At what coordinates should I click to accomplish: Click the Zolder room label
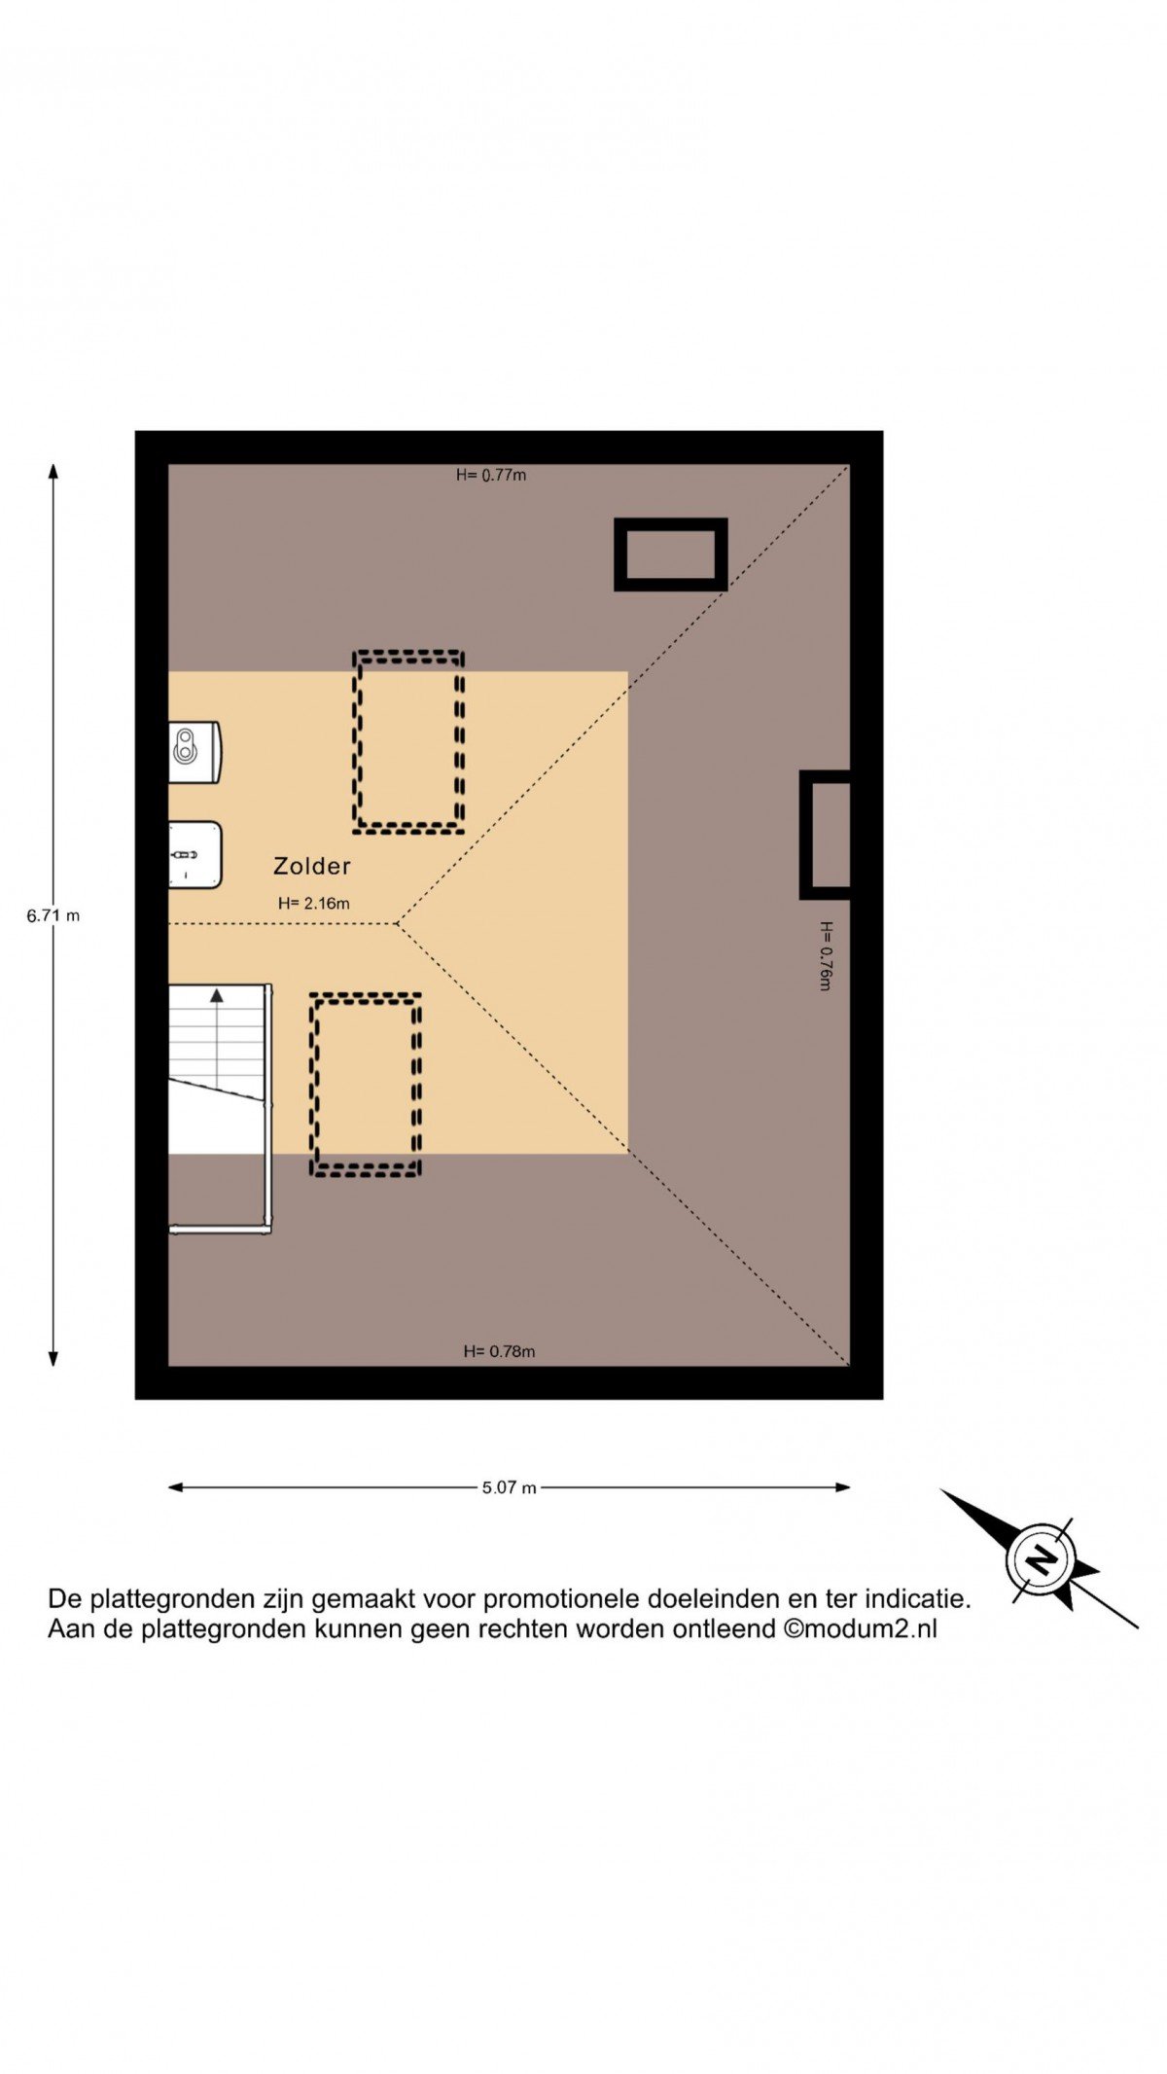311,866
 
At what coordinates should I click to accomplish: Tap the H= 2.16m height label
313,904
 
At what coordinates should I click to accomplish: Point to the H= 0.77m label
491,475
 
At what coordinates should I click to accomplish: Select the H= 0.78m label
499,1351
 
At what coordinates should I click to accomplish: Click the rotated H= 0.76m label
826,955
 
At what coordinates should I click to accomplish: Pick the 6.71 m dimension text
53,915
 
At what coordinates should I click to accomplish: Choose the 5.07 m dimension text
510,1487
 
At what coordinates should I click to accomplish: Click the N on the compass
1041,1559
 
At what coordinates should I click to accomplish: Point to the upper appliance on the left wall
194,751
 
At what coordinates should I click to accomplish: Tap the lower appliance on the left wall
194,855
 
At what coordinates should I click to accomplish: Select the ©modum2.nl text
861,1628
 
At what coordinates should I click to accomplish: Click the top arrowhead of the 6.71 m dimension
53,471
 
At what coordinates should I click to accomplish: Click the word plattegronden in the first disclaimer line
176,1598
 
